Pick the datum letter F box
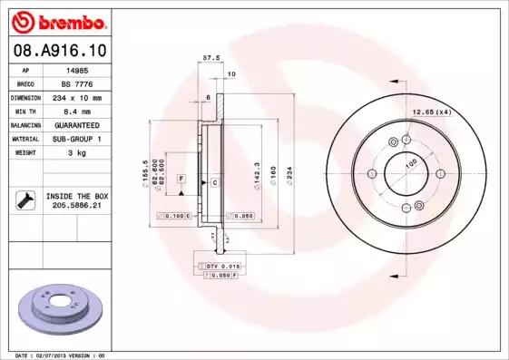click(182, 178)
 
